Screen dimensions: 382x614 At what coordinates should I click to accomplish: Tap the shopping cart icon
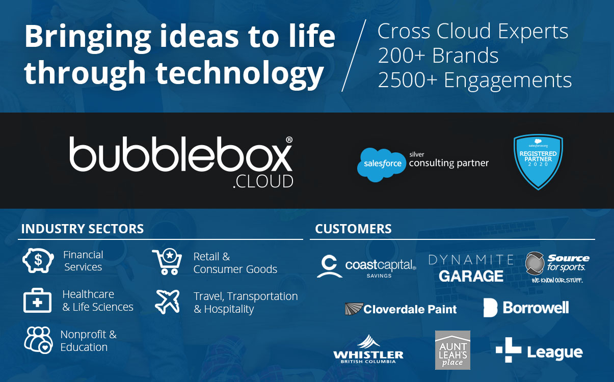[x=167, y=262]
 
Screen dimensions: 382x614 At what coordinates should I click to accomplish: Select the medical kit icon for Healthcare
[x=38, y=301]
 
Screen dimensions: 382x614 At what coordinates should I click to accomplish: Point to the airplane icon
[x=168, y=302]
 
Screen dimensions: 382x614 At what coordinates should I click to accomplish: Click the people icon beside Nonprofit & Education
[x=38, y=340]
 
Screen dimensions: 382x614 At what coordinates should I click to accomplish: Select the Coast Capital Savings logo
[x=366, y=266]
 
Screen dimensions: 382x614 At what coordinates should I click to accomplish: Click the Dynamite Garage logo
[x=471, y=268]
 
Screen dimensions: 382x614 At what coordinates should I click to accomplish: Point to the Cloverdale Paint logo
[x=401, y=309]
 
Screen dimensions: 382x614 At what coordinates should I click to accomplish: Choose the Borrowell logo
[x=526, y=308]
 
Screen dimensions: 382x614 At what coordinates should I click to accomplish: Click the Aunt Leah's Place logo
[x=452, y=350]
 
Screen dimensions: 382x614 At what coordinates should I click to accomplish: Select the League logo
[x=539, y=350]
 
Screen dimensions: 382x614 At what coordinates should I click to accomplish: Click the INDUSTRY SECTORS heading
[x=83, y=229]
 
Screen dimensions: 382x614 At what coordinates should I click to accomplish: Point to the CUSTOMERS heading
[x=353, y=229]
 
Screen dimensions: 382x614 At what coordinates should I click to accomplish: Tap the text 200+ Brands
[x=438, y=56]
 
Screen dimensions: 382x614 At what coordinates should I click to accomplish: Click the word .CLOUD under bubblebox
[x=263, y=181]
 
